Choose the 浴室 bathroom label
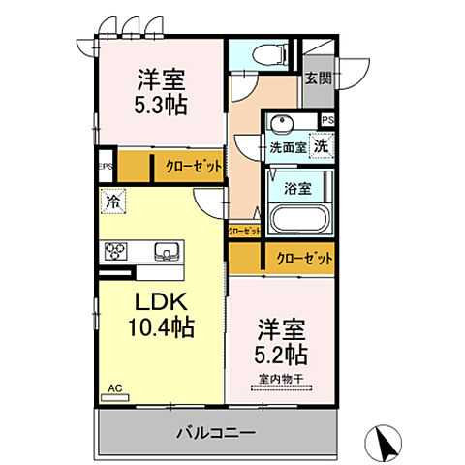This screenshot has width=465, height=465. [296, 189]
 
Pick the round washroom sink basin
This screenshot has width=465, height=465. [282, 125]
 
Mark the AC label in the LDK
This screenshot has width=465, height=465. [114, 387]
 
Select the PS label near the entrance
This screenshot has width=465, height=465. [328, 120]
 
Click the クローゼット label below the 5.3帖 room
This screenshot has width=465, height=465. [193, 167]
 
